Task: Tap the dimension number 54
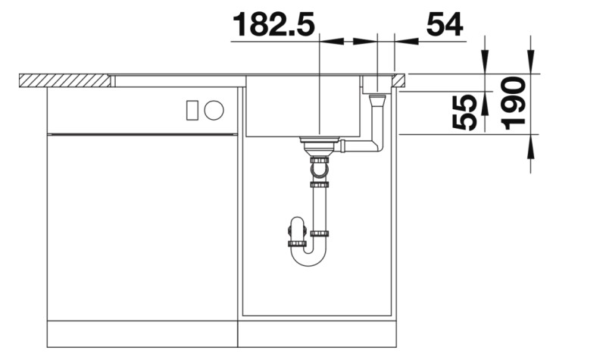click(445, 24)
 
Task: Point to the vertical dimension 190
click(515, 104)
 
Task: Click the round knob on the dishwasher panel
click(214, 111)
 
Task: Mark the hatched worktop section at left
click(64, 80)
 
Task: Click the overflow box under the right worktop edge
click(376, 84)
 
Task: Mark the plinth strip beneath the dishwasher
click(142, 333)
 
